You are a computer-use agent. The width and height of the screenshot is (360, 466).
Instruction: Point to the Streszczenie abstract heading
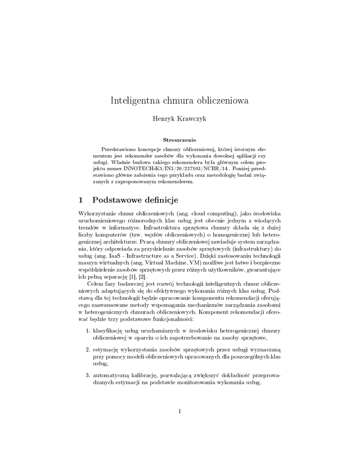click(179, 140)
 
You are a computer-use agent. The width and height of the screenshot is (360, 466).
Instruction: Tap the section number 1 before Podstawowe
click(81, 200)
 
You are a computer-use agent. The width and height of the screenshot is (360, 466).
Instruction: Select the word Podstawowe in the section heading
click(118, 200)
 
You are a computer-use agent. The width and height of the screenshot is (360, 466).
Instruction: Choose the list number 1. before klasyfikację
click(88, 331)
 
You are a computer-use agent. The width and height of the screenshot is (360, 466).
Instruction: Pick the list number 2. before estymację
click(88, 350)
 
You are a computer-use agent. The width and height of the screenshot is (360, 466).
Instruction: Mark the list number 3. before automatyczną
click(88, 375)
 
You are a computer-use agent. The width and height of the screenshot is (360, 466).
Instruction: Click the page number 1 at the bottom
click(180, 411)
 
